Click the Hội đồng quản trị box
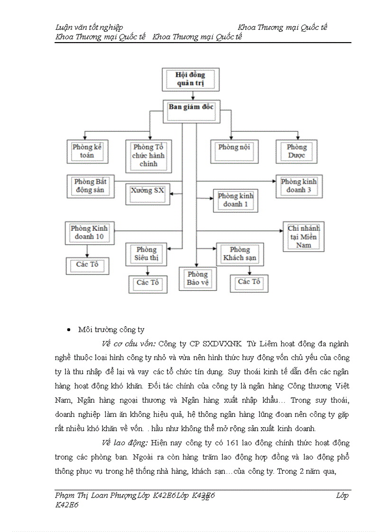[190, 79]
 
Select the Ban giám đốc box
[191, 107]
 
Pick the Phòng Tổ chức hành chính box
[148, 156]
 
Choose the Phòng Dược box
[297, 152]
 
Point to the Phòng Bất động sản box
[90, 186]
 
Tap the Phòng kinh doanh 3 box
[298, 186]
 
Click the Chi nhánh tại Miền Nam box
[304, 236]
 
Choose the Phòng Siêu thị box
[147, 254]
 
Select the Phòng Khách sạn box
[240, 254]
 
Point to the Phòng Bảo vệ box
[197, 279]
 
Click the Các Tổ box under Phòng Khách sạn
[249, 283]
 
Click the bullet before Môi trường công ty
[69, 330]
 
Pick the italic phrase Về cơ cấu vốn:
[129, 343]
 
